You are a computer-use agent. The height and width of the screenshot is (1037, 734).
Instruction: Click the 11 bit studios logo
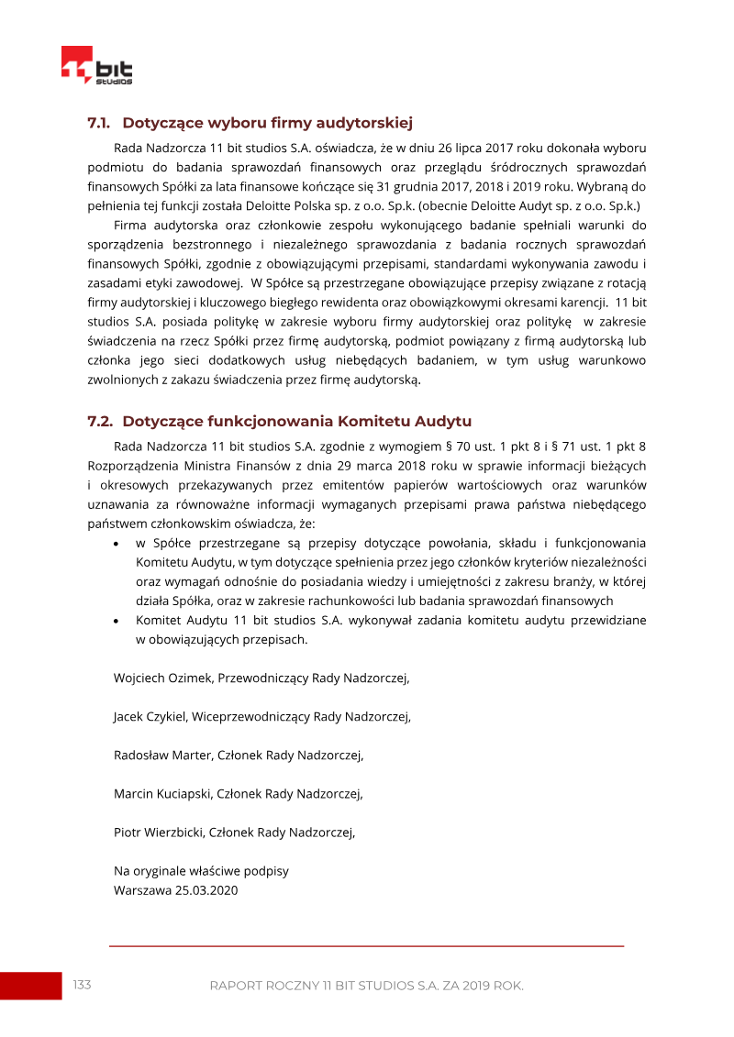(x=96, y=66)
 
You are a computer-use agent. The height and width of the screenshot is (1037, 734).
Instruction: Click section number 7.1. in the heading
(x=98, y=122)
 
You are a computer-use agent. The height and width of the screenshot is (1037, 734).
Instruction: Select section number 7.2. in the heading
(x=99, y=422)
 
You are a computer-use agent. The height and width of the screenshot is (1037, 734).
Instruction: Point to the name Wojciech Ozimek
(x=162, y=678)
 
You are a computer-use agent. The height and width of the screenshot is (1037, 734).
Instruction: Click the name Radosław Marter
(x=161, y=756)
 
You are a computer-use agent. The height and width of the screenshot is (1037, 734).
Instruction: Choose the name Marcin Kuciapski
(x=161, y=794)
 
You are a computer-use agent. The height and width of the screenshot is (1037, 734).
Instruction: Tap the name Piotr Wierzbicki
(x=157, y=833)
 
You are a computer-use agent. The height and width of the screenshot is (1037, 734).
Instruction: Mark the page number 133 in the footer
(x=82, y=985)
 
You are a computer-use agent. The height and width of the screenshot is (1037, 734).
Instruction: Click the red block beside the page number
(x=30, y=986)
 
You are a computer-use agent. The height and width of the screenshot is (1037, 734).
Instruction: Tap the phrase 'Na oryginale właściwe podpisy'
(x=201, y=871)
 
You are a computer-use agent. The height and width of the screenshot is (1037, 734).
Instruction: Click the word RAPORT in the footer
(x=236, y=986)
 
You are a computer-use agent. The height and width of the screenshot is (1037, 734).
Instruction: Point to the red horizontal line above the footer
(x=366, y=945)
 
